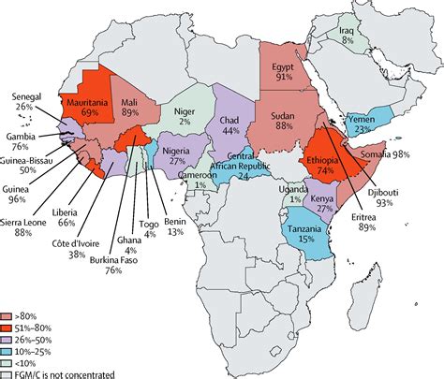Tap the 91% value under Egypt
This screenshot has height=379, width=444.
point(281,80)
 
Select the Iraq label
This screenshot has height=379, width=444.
point(348,30)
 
